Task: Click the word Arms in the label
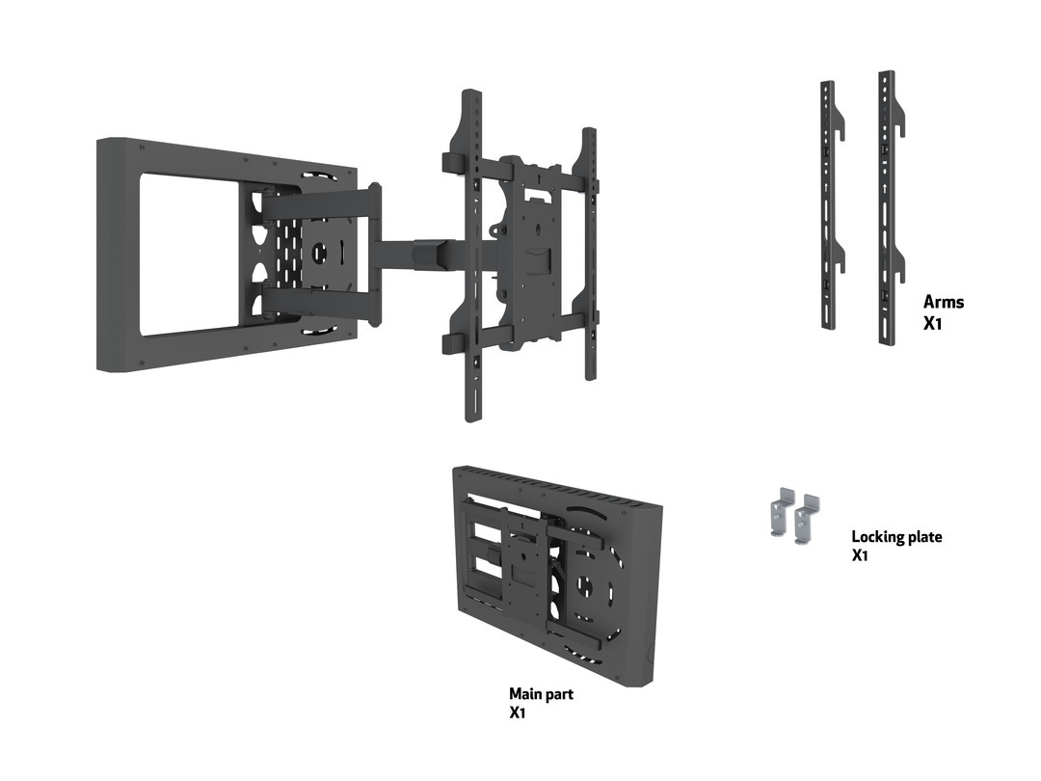[x=943, y=302]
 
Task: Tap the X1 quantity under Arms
[x=932, y=323]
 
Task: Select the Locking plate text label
[x=896, y=536]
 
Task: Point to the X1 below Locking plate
[x=860, y=556]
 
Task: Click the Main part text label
[x=541, y=693]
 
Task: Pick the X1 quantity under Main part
[x=518, y=714]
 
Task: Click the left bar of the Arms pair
[x=827, y=202]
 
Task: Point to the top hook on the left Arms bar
[x=840, y=126]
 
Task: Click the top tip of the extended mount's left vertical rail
[x=470, y=95]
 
